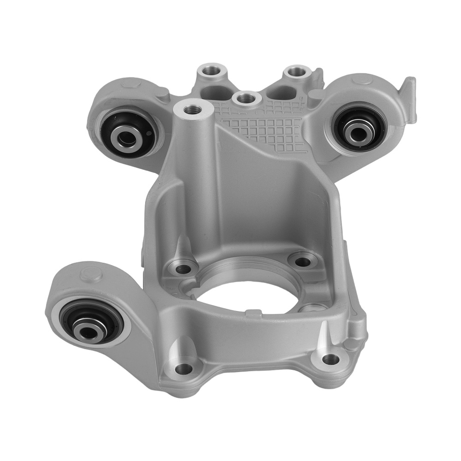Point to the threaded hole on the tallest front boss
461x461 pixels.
pos(191,110)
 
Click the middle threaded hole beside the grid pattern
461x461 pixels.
pos(244,98)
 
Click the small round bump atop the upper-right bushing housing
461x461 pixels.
pos(362,82)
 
